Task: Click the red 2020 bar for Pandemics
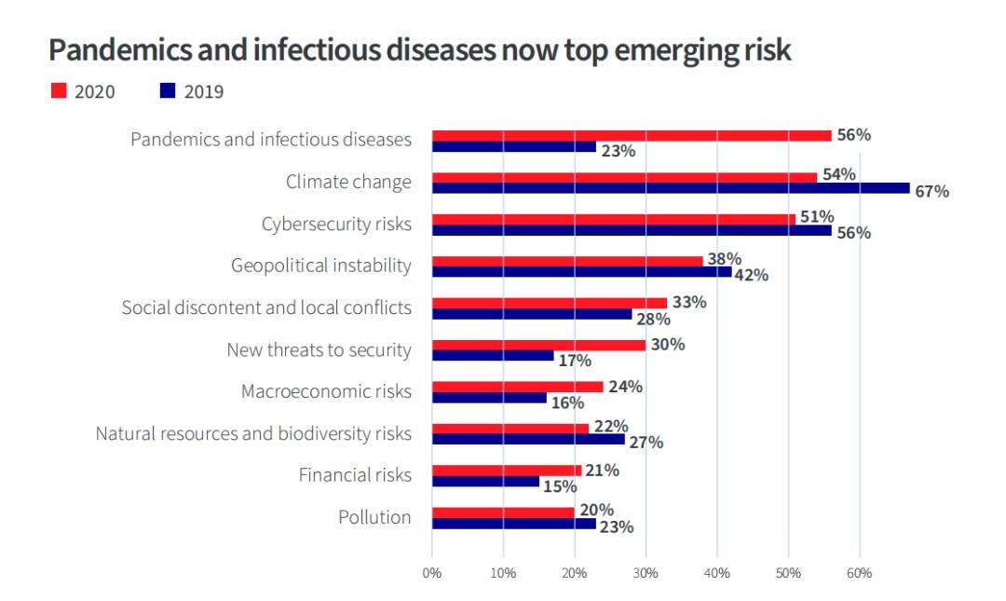pyautogui.click(x=632, y=136)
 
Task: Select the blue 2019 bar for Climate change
pyautogui.click(x=671, y=188)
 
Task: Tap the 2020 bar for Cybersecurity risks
pyautogui.click(x=613, y=220)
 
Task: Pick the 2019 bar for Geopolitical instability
pyautogui.click(x=581, y=272)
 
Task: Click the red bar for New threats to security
pyautogui.click(x=538, y=346)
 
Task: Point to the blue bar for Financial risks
pyautogui.click(x=485, y=482)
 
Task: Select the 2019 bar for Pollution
pyautogui.click(x=513, y=524)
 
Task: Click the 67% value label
pyautogui.click(x=931, y=192)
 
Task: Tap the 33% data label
pyautogui.click(x=689, y=303)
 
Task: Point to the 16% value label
pyautogui.click(x=566, y=403)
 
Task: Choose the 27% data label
pyautogui.click(x=646, y=442)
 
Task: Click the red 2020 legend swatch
pyautogui.click(x=58, y=90)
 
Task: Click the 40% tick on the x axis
pyautogui.click(x=716, y=572)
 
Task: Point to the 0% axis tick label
pyautogui.click(x=432, y=572)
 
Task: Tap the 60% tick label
pyautogui.click(x=859, y=572)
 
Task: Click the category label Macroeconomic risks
pyautogui.click(x=326, y=391)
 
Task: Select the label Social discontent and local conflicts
pyautogui.click(x=266, y=307)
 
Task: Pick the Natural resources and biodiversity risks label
pyautogui.click(x=253, y=433)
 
